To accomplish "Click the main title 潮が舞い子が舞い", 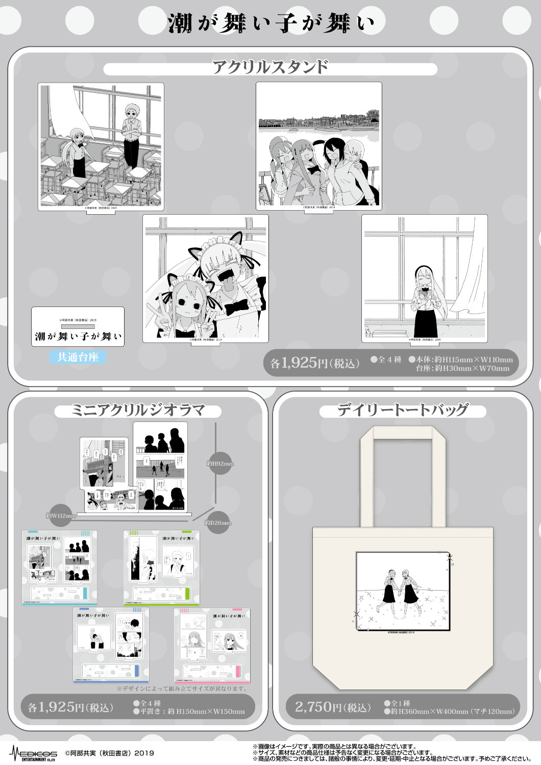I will pos(271,23).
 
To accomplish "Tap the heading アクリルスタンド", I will pos(270,68).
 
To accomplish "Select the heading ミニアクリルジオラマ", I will pos(138,411).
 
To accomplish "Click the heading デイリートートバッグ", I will pos(403,410).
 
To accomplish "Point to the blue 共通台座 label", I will pos(78,357).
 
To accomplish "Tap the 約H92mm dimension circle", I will pos(220,464).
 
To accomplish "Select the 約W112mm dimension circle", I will pos(61,516).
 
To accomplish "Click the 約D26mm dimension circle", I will pos(218,522).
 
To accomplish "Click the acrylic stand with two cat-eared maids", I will pos(205,278).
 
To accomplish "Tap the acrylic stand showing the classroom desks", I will pos(101,146).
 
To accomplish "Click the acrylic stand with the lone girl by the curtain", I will pos(424,278).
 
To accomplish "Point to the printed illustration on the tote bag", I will pos(403,591).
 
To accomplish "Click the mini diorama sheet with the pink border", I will pos(212,645).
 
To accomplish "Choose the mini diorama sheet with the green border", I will pos(161,568).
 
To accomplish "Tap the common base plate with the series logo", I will pos(78,326).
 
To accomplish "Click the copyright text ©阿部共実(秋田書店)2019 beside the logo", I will pos(109,753).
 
